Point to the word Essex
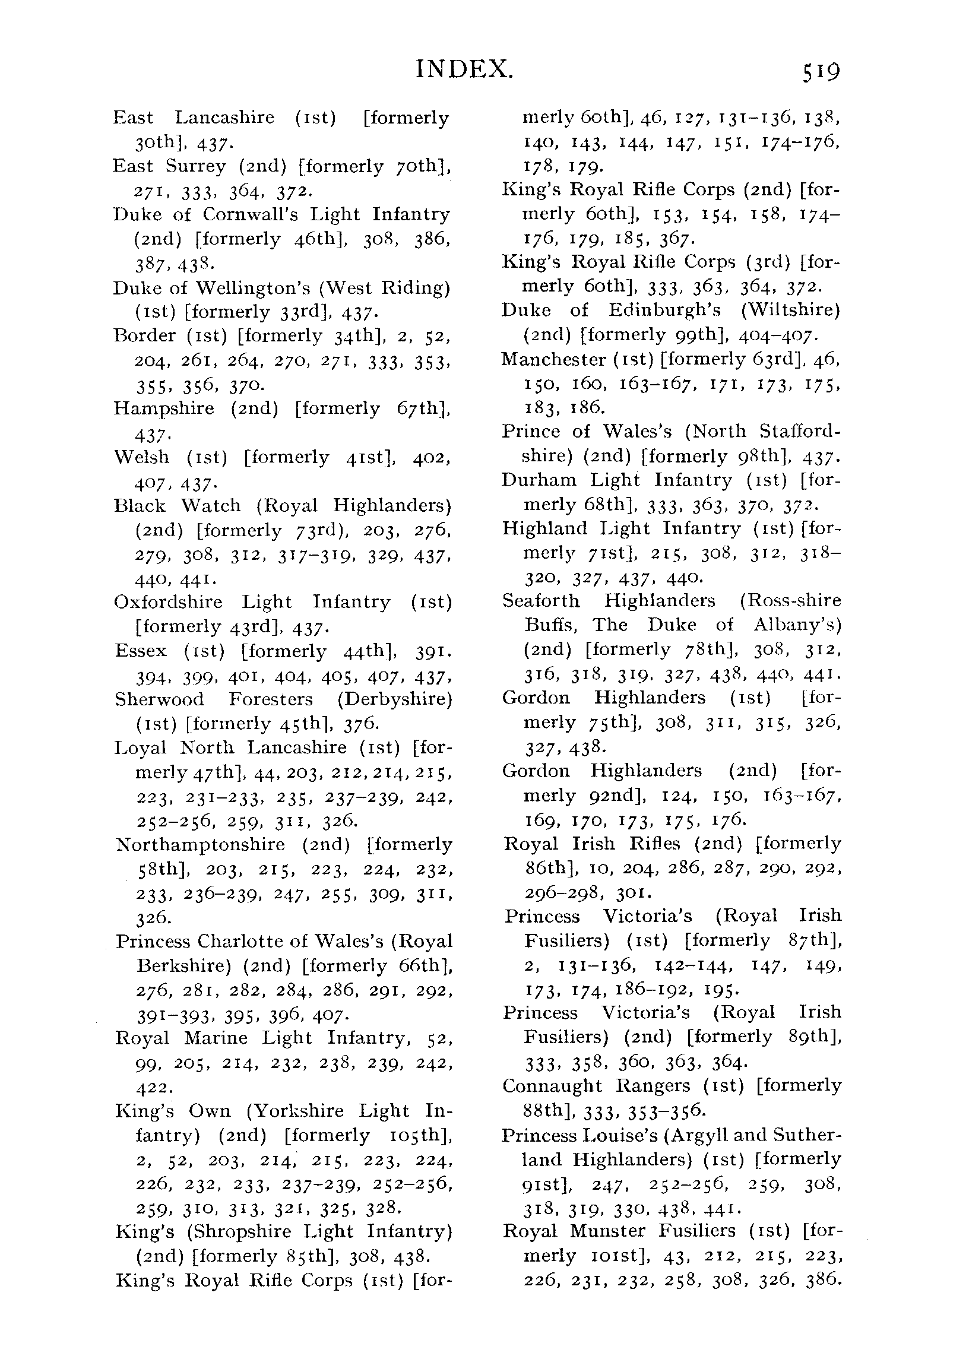[x=141, y=650]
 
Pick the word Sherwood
[x=159, y=699]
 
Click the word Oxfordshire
[x=167, y=601]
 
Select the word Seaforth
[x=540, y=600]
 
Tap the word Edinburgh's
[x=664, y=311]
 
